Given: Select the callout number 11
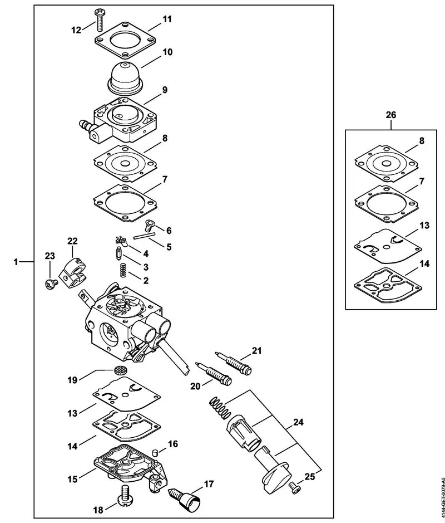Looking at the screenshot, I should click(x=167, y=19).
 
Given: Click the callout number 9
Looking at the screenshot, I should click(x=165, y=89).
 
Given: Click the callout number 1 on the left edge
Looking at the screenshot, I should click(x=16, y=261).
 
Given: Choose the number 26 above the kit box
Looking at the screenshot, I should click(x=391, y=115).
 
